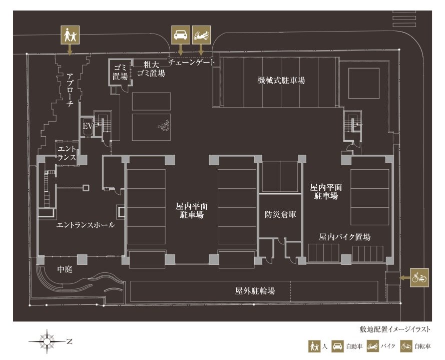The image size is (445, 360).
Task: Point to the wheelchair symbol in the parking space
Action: pos(164,127)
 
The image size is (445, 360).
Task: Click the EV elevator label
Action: pos(87,126)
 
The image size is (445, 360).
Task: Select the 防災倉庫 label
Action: pos(280,214)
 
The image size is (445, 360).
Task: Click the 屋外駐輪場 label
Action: pos(255,290)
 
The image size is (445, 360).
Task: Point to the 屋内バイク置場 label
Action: pos(344,237)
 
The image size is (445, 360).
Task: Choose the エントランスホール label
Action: pos(85,225)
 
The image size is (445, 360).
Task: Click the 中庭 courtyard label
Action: pos(65,269)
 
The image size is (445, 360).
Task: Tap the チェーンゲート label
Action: pos(192,63)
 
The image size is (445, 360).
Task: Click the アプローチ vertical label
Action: pos(71,90)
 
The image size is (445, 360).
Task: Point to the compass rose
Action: pos(47,342)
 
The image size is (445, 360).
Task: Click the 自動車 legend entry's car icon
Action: pos(338,346)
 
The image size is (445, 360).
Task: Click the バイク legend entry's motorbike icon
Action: pos(373,346)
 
